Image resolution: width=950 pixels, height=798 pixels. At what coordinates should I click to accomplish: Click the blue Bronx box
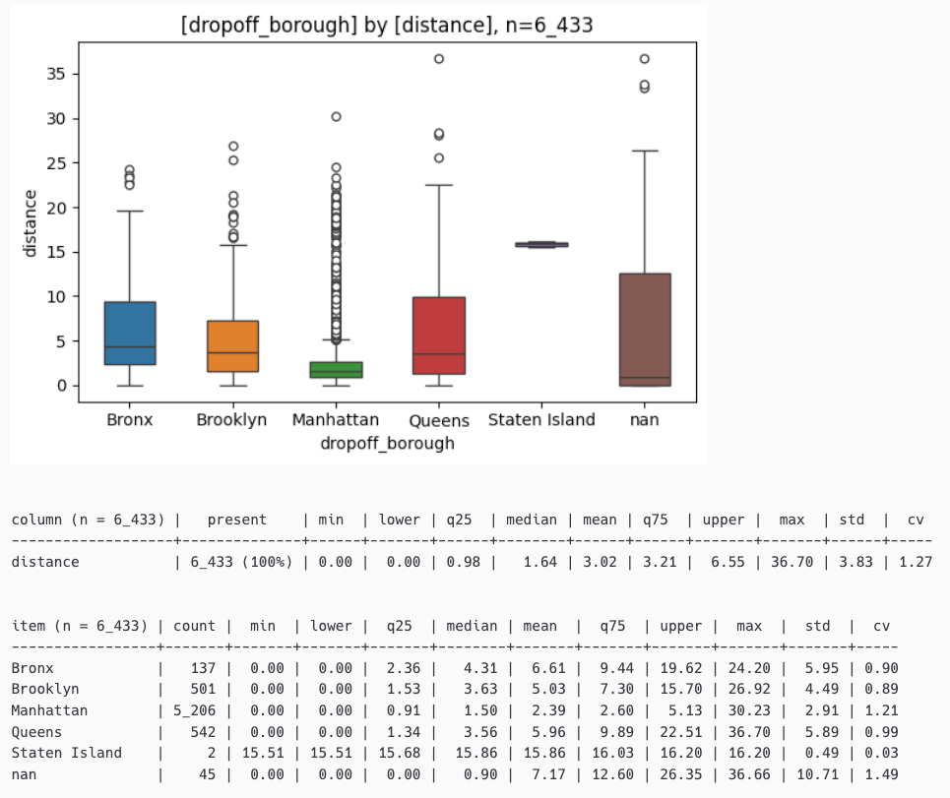click(x=130, y=333)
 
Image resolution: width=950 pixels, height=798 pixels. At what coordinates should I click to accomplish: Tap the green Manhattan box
click(x=336, y=370)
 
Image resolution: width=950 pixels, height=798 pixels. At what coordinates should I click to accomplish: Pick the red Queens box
click(x=439, y=335)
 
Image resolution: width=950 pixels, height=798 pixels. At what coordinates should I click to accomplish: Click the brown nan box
click(x=645, y=330)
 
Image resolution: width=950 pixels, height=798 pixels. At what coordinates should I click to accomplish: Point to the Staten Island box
click(x=541, y=244)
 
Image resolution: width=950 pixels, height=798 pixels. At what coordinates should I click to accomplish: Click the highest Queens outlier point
click(x=439, y=59)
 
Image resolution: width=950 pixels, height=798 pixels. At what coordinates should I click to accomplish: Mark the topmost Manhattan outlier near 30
click(x=336, y=116)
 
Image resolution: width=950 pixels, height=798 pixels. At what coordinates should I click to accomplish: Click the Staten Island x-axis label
click(x=541, y=420)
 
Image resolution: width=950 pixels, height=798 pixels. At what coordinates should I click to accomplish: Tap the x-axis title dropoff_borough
click(x=387, y=444)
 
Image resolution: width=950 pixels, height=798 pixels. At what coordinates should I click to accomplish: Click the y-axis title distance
click(x=31, y=223)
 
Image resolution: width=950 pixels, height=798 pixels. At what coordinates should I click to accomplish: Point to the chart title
click(x=387, y=26)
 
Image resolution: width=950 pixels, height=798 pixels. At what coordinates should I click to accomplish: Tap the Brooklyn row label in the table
click(x=45, y=690)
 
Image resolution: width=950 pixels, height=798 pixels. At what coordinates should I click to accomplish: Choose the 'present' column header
click(x=236, y=520)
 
